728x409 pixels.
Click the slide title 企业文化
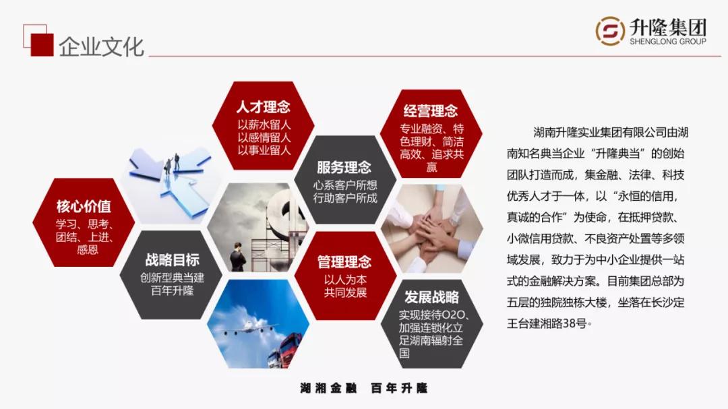pyautogui.click(x=101, y=47)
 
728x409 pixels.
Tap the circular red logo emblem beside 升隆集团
pyautogui.click(x=610, y=32)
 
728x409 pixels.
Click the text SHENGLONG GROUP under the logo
pyautogui.click(x=668, y=42)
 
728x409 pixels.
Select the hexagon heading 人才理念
pyautogui.click(x=263, y=107)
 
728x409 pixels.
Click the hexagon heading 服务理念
pyautogui.click(x=344, y=167)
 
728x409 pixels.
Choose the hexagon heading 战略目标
pyautogui.click(x=172, y=260)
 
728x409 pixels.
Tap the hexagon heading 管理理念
pyautogui.click(x=344, y=261)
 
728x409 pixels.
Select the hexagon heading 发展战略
pyautogui.click(x=431, y=297)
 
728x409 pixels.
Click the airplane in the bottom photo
pyautogui.click(x=249, y=330)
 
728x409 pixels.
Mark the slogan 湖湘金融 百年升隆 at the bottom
pyautogui.click(x=364, y=388)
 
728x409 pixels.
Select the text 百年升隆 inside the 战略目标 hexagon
pyautogui.click(x=172, y=291)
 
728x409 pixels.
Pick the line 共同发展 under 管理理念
pyautogui.click(x=344, y=293)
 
